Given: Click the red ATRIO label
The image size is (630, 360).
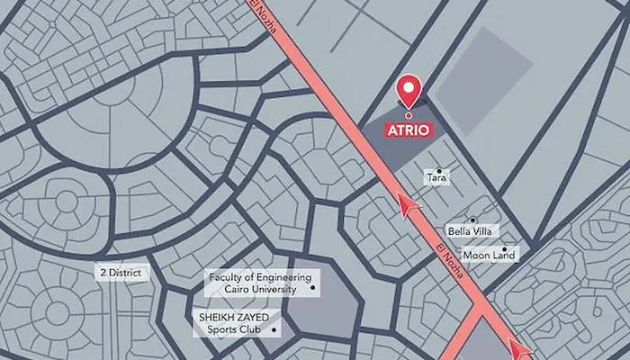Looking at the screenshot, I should [409, 130].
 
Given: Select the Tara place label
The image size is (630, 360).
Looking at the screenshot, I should [436, 178].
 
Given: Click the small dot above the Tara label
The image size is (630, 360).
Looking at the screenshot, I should [439, 170].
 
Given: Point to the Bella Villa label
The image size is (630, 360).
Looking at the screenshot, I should [467, 231].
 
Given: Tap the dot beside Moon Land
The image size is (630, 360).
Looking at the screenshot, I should [505, 249].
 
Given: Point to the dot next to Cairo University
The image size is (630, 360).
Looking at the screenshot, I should [312, 288].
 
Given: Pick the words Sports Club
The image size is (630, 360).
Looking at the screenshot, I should [231, 329].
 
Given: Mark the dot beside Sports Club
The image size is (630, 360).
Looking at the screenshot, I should [274, 329].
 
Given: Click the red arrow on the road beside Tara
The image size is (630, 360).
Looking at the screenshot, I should [409, 207].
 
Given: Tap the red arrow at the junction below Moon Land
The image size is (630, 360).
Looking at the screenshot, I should [519, 347].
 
